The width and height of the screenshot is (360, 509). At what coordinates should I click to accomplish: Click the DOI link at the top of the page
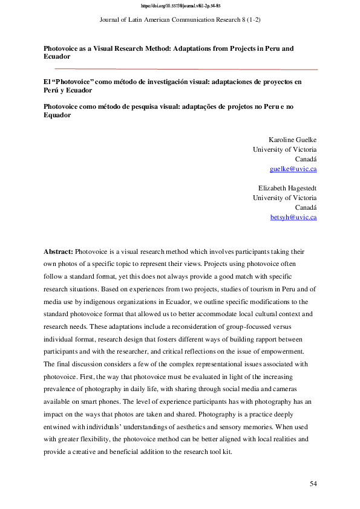(180, 6)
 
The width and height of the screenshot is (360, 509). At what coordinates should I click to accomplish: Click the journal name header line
(180, 20)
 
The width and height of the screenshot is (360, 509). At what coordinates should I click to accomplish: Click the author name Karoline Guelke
(292, 140)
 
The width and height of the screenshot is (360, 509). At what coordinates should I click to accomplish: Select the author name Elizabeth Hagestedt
(287, 188)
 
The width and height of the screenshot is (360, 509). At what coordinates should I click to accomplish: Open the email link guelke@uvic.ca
(293, 169)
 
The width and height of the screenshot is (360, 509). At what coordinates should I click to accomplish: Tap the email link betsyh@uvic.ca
(293, 217)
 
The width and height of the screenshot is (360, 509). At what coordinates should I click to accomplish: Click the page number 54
(313, 484)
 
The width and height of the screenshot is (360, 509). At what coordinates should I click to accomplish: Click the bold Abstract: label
(58, 251)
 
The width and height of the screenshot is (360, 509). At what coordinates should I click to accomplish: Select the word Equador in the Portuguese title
(57, 115)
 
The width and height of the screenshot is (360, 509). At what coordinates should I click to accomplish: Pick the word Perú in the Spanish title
(53, 90)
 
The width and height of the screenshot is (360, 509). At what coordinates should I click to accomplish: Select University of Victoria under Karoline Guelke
(284, 149)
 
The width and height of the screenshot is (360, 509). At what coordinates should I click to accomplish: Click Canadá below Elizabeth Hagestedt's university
(306, 207)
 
